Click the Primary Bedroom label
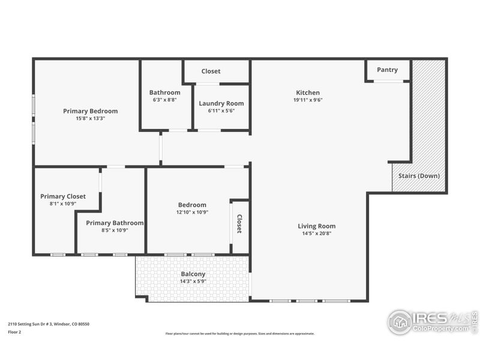[91, 111]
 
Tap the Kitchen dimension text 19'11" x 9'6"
[308, 100]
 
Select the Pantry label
[387, 70]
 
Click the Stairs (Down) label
[419, 176]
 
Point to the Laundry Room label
[221, 103]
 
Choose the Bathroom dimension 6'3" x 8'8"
[164, 100]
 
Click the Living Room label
[317, 226]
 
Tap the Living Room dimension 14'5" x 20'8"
[317, 233]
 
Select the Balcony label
[193, 274]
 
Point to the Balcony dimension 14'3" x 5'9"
[193, 281]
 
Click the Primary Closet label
[63, 196]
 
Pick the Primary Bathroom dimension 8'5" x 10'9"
[115, 230]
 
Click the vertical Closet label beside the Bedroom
[239, 224]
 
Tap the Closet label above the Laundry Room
[211, 71]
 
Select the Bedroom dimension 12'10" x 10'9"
[192, 212]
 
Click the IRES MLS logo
[432, 322]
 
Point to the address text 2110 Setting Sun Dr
[49, 324]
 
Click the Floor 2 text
[14, 331]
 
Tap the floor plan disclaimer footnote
[239, 334]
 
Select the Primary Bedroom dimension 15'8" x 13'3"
[91, 118]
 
